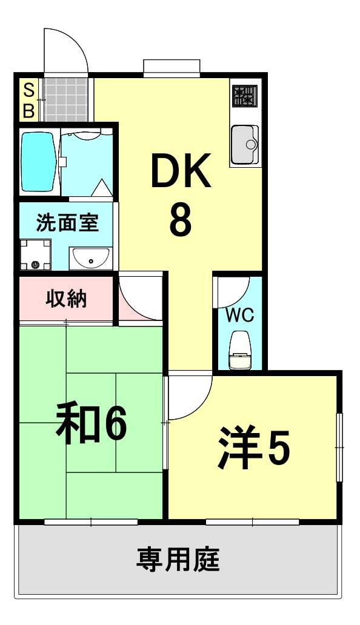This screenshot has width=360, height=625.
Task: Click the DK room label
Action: pos(181,171)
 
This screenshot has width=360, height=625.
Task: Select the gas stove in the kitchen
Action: pos(244,96)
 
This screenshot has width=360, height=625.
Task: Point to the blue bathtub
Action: pos(39,162)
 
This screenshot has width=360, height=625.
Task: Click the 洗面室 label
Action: pos(67,223)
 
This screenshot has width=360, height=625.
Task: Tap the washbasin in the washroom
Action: pos(90,259)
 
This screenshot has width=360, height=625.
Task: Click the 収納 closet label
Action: pos(67,299)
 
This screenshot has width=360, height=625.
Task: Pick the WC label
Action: pos(240,315)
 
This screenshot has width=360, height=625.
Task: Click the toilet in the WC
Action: pos(240,353)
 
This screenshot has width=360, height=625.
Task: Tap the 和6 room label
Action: pos(91,424)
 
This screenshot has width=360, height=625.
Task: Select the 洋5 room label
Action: pos(255,448)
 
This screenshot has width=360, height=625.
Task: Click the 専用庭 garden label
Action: pos(178,559)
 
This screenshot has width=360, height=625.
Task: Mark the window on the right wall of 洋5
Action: pos(340,447)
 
